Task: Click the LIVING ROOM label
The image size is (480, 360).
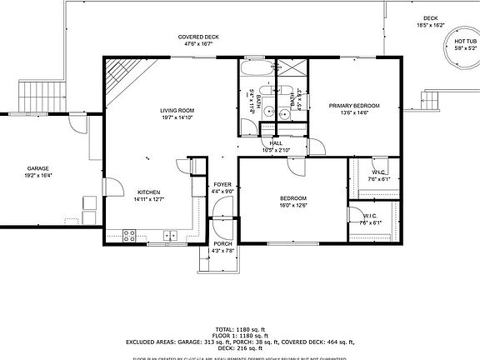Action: [x=177, y=110]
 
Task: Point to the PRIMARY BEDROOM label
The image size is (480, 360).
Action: [x=353, y=106]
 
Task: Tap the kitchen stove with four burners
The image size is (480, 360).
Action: [x=130, y=237]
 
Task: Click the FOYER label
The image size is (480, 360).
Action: [x=222, y=184]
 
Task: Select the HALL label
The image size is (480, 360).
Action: [x=275, y=143]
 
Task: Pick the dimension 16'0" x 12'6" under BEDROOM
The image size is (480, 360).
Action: [x=292, y=205]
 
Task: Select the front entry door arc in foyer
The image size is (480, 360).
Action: [x=222, y=225]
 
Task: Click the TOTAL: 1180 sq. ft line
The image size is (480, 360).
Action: [x=240, y=329]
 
